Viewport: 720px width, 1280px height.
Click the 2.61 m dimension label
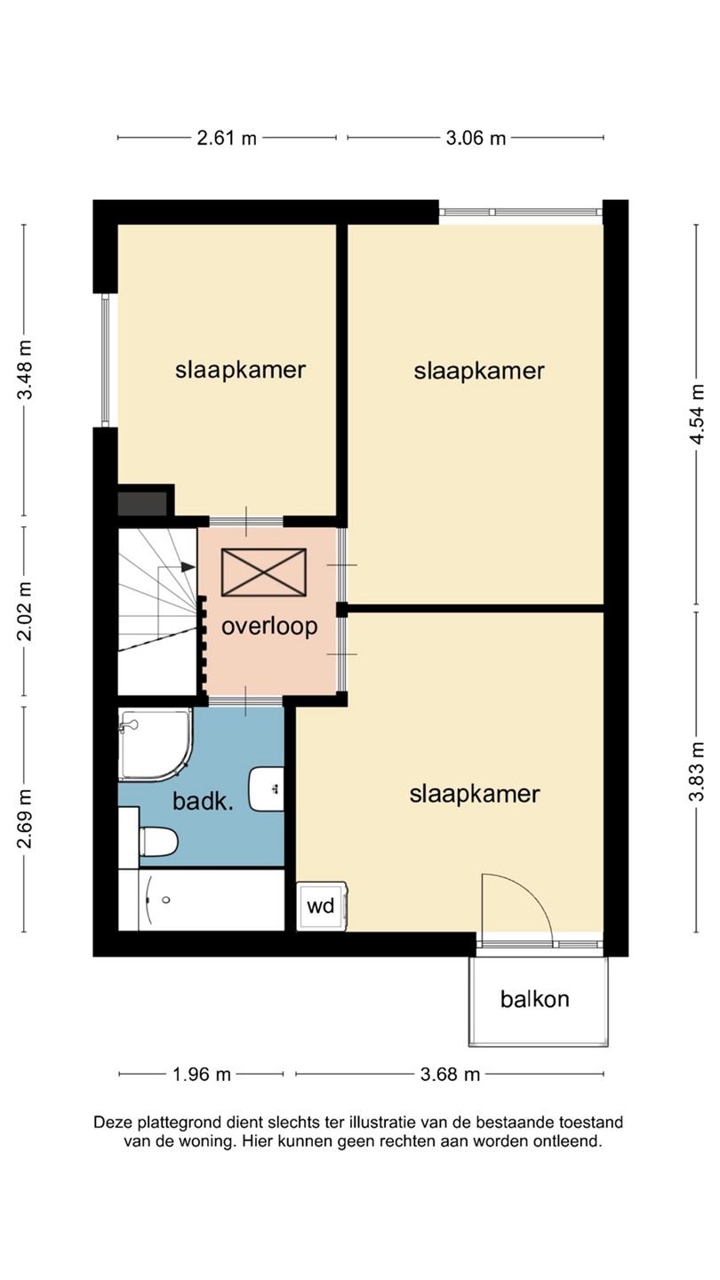(227, 139)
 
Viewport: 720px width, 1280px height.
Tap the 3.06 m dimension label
(476, 139)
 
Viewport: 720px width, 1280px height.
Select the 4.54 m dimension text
(697, 413)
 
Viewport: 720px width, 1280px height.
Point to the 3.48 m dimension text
(25, 369)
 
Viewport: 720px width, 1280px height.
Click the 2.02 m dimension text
(25, 611)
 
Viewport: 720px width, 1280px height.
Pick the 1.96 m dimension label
(202, 1075)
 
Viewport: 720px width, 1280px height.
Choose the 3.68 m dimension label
(451, 1075)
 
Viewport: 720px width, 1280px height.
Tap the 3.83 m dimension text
(697, 772)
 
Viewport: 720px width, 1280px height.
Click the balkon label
(535, 999)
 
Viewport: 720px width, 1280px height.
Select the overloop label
(269, 627)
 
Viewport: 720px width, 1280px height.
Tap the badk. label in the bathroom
(204, 801)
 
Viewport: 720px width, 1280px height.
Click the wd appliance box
(322, 907)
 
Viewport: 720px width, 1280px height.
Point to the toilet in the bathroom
(159, 841)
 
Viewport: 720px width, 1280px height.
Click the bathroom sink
(267, 788)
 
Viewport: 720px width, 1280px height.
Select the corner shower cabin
(156, 745)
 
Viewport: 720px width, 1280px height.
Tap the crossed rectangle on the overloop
(264, 572)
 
